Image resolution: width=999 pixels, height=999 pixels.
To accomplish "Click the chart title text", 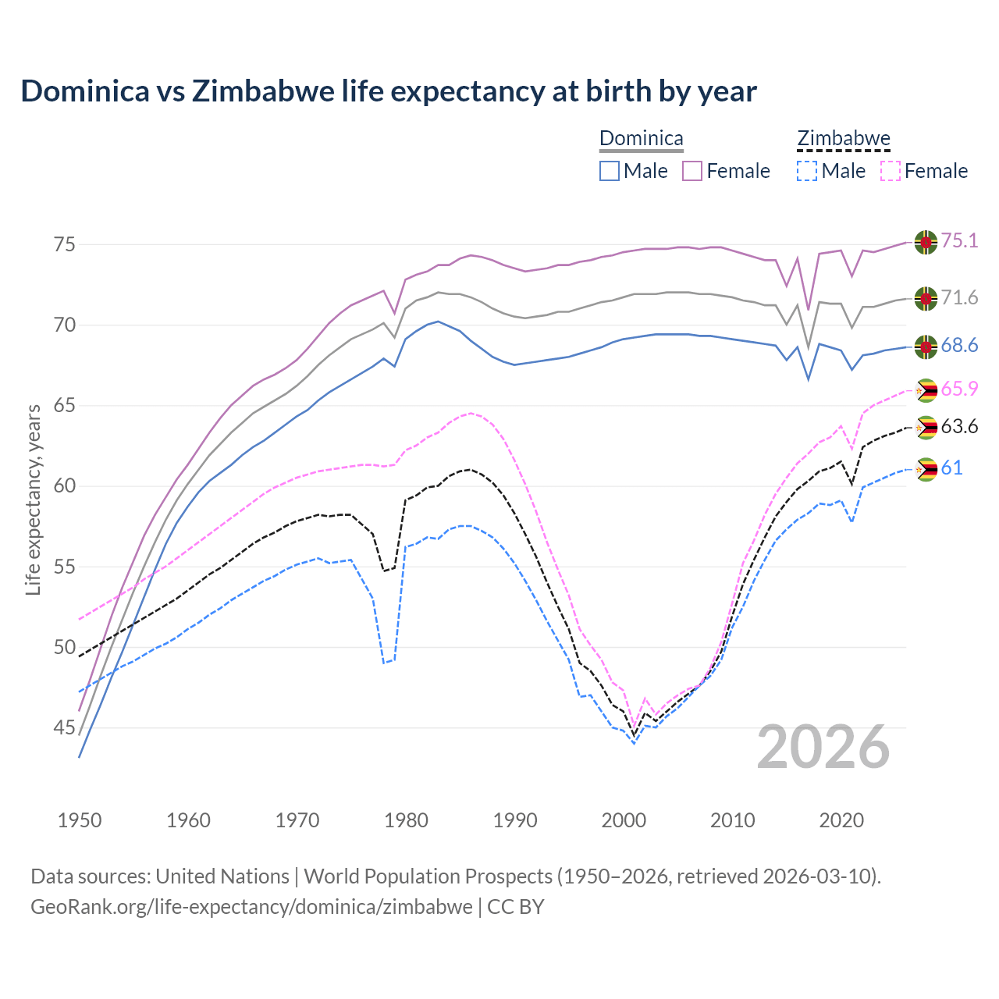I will pyautogui.click(x=388, y=91).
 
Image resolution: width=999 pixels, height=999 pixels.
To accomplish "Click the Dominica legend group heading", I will pyautogui.click(x=641, y=139).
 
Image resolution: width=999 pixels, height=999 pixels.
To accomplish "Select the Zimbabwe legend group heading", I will pyautogui.click(x=843, y=139).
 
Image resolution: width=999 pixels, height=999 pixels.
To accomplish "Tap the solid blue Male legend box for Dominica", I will pyautogui.click(x=610, y=171).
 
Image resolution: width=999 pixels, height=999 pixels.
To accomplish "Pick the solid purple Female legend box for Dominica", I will pyautogui.click(x=692, y=171).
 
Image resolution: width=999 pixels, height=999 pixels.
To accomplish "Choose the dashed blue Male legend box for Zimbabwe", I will pyautogui.click(x=807, y=171).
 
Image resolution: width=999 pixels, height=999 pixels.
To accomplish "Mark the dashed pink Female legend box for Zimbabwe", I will pyautogui.click(x=890, y=171).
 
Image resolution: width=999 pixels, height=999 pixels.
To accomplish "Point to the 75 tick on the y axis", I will pyautogui.click(x=64, y=244).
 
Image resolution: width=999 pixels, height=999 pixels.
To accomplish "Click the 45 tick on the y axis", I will pyautogui.click(x=64, y=728).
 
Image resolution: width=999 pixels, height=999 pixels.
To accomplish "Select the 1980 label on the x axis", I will pyautogui.click(x=406, y=820).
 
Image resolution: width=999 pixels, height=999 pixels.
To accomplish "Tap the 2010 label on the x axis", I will pyautogui.click(x=732, y=820).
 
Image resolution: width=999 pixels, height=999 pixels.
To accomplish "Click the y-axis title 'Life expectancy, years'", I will pyautogui.click(x=33, y=499).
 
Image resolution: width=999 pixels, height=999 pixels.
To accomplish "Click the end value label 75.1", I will pyautogui.click(x=959, y=241).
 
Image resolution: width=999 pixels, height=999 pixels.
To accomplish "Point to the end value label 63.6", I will pyautogui.click(x=959, y=427).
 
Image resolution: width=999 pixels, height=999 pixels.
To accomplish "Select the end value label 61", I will pyautogui.click(x=951, y=468).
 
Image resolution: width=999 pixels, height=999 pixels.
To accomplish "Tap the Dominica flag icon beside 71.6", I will pyautogui.click(x=926, y=298).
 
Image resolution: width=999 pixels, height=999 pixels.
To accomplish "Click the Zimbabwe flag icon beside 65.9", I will pyautogui.click(x=926, y=390).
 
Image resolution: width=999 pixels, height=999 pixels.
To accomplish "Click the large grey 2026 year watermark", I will pyautogui.click(x=823, y=747).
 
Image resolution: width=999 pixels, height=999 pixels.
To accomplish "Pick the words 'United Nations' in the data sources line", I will pyautogui.click(x=222, y=876).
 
